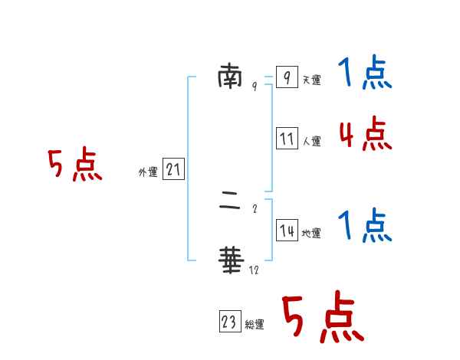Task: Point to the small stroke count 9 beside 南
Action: (x=255, y=87)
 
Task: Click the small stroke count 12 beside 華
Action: (x=254, y=270)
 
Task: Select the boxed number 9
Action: (x=286, y=77)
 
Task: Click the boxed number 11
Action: (x=287, y=139)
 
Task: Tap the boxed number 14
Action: (x=287, y=231)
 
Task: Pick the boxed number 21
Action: (x=173, y=170)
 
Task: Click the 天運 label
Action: (x=311, y=80)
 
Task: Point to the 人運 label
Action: (x=311, y=141)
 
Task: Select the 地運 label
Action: (x=311, y=233)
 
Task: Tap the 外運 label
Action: (x=148, y=173)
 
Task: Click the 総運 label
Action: (x=255, y=325)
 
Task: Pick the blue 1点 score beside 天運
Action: (x=364, y=74)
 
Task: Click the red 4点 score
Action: (x=365, y=134)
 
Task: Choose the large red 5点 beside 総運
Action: (x=322, y=317)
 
